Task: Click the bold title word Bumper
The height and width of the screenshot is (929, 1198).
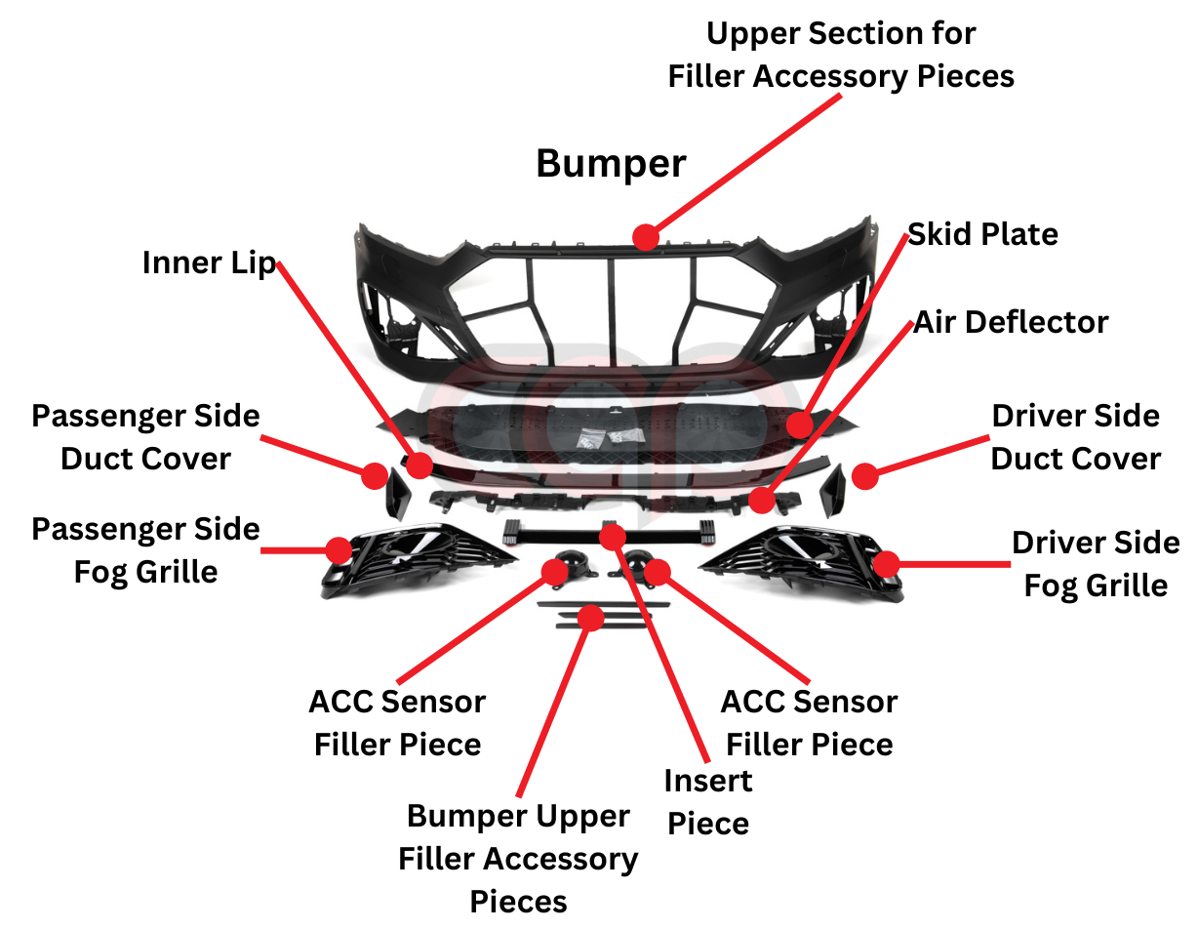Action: click(611, 163)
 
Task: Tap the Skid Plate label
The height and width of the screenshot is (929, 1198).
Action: click(982, 234)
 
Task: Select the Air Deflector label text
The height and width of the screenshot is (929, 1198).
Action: click(1011, 322)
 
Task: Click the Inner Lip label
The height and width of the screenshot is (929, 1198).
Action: click(209, 263)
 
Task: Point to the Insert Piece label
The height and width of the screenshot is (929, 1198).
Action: click(708, 801)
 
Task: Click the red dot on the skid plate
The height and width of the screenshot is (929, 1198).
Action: click(800, 425)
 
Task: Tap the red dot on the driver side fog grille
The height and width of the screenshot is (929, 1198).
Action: click(886, 563)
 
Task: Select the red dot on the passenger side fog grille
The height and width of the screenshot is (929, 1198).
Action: click(339, 549)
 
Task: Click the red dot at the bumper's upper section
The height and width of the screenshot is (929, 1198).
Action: click(645, 236)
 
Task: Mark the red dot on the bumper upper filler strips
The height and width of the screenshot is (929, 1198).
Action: click(590, 617)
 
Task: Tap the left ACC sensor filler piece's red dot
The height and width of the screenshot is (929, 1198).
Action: click(554, 572)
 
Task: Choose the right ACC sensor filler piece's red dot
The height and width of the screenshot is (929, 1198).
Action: click(658, 572)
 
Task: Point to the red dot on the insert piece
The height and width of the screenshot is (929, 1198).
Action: click(613, 536)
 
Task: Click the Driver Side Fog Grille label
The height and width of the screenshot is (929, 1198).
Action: click(1095, 564)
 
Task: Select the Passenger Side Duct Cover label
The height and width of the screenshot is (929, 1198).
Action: click(145, 437)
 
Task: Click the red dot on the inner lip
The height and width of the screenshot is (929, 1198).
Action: click(419, 464)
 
